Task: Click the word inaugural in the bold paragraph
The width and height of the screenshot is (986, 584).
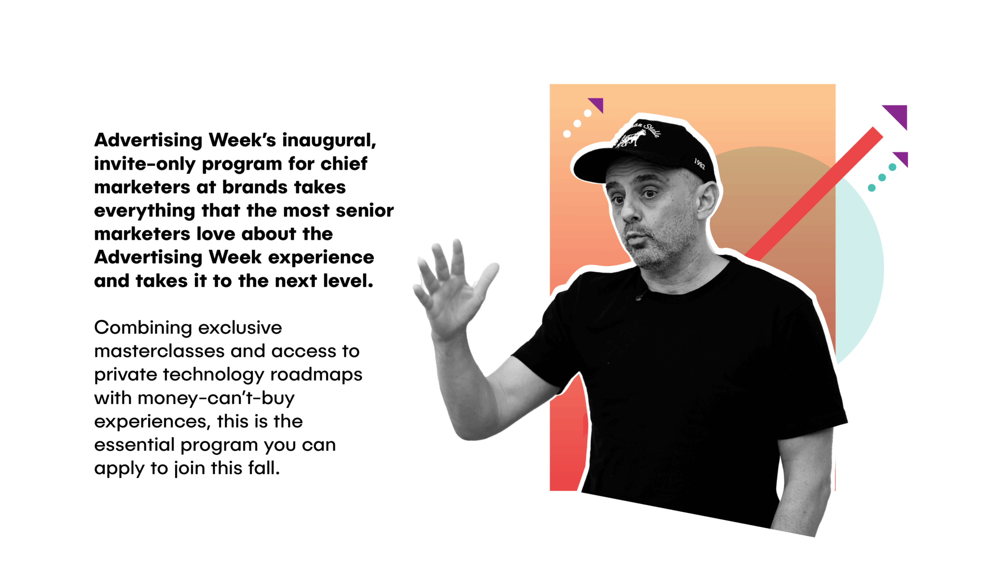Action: [328, 141]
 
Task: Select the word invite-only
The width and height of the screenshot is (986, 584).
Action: [145, 164]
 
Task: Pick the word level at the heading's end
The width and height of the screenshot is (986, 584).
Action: [348, 281]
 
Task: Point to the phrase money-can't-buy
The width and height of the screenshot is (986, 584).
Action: [216, 399]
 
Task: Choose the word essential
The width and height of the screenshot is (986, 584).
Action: [134, 445]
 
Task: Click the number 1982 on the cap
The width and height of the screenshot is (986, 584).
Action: [700, 164]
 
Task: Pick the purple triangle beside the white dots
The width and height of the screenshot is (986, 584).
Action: [597, 104]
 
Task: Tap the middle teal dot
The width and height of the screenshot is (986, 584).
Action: [882, 178]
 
